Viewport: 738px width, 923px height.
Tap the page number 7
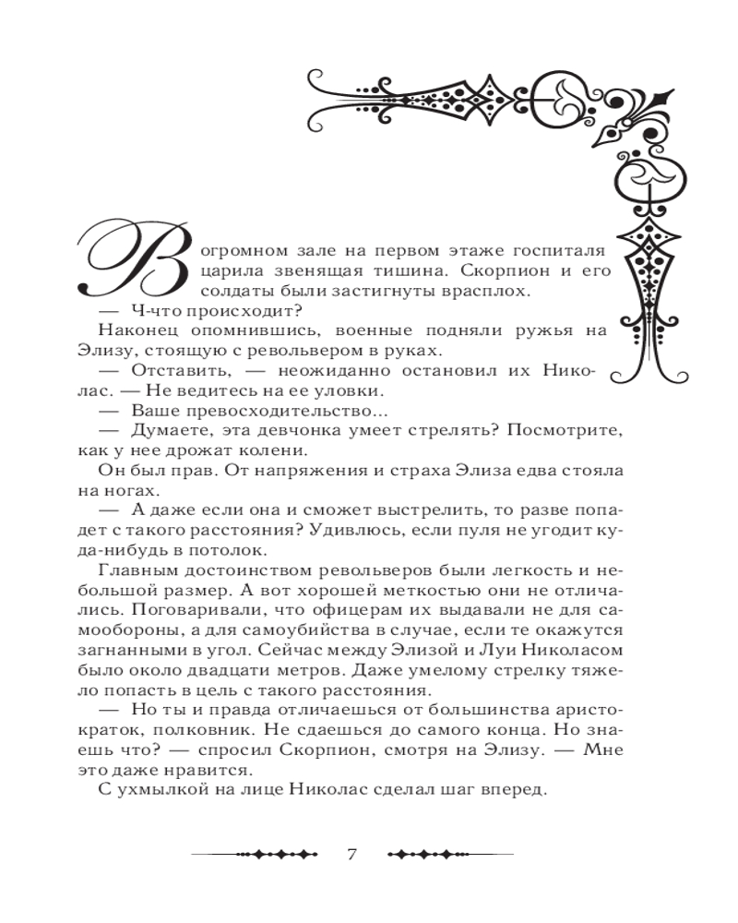click(x=351, y=852)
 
